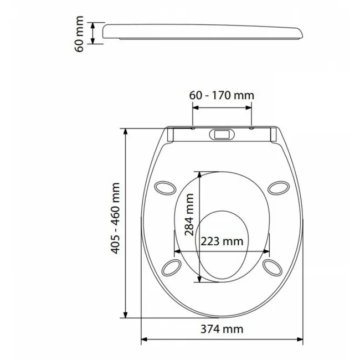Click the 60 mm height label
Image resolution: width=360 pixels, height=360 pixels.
point(79,34)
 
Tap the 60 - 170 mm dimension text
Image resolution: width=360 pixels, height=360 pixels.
point(222,95)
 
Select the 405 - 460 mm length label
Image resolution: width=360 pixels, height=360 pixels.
point(115,218)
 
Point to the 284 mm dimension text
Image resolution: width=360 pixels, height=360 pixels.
point(189,215)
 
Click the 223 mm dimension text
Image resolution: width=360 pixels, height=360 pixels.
point(222,241)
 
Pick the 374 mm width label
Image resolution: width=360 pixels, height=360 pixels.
point(222,329)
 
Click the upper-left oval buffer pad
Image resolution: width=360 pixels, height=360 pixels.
point(165,188)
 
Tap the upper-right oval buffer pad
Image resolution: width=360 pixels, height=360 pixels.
point(279,188)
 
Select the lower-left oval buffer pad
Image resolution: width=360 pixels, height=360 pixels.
point(172,268)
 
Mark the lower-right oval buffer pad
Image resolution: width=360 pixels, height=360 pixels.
point(272,268)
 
